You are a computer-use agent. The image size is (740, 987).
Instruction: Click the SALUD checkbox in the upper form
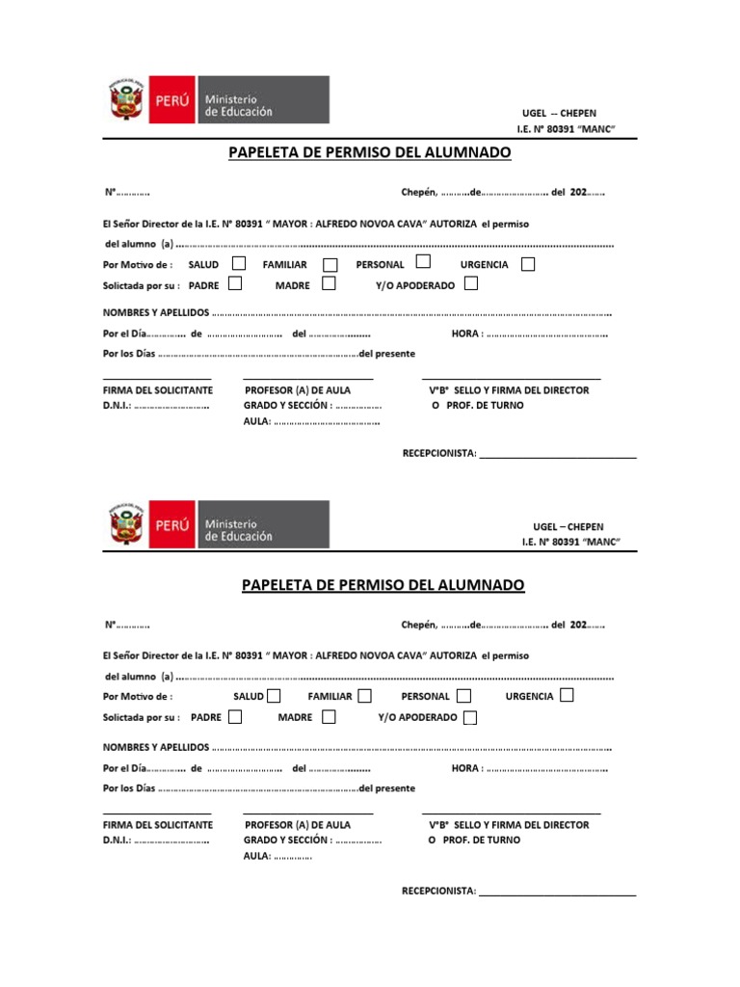click(x=239, y=263)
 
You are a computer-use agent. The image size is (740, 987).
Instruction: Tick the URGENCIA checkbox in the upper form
click(x=527, y=264)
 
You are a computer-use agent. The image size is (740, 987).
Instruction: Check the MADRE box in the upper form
click(x=329, y=283)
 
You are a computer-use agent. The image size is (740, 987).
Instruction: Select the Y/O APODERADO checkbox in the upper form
click(x=470, y=283)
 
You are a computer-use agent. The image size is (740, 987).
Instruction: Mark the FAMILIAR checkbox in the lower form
click(x=364, y=695)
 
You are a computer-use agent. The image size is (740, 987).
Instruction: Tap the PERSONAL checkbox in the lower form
click(x=463, y=695)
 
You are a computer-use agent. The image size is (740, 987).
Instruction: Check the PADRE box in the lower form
click(x=234, y=716)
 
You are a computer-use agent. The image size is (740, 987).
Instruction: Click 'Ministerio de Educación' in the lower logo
click(x=238, y=529)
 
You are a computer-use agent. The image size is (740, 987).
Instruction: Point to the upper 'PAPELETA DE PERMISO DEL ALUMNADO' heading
click(x=369, y=152)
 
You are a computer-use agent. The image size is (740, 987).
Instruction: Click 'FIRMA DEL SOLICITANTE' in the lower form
click(x=158, y=825)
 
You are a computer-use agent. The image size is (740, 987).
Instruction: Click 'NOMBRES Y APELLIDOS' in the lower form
click(x=155, y=747)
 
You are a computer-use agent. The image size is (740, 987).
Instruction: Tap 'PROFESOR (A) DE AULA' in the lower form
click(x=298, y=825)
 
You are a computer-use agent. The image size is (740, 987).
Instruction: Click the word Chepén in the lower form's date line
click(x=418, y=625)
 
